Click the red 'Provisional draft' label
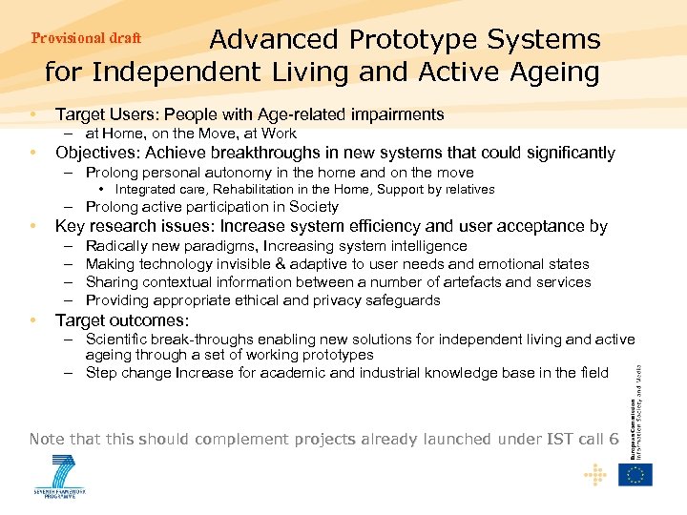pyautogui.click(x=87, y=38)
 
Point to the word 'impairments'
pyautogui.click(x=395, y=114)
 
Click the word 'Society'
pyautogui.click(x=312, y=207)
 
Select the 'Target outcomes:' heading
pyautogui.click(x=122, y=320)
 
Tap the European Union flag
pyautogui.click(x=635, y=473)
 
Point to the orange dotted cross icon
pyautogui.click(x=596, y=473)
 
